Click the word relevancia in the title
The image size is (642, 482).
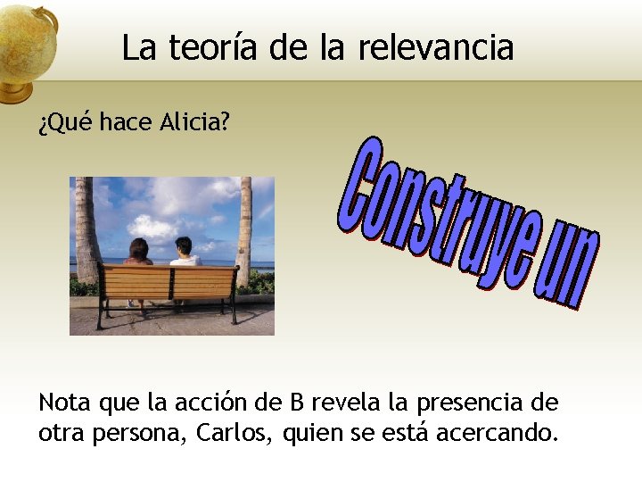click(x=436, y=47)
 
